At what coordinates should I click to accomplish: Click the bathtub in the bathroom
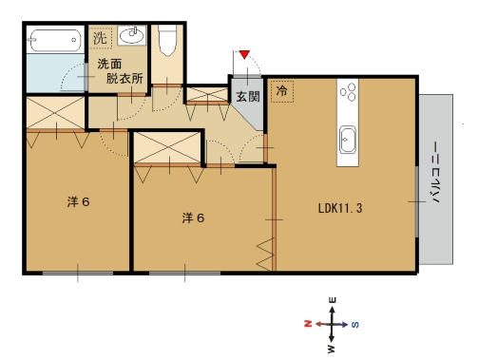coord(55,40)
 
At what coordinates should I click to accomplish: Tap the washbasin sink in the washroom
coord(132,35)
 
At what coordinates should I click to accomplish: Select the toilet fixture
coord(167,40)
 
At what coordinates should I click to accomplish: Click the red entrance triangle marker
coord(244,54)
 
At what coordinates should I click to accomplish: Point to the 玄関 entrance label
coord(248,96)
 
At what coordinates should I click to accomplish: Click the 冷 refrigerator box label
coord(282,91)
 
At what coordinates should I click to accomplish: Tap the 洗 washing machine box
coord(101,38)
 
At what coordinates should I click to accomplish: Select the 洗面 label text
coord(109,64)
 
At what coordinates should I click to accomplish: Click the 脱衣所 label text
coord(124,78)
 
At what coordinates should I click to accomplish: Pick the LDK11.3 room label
coord(340,208)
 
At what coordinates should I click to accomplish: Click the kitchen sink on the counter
coord(348,140)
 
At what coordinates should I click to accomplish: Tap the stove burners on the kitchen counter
coord(348,92)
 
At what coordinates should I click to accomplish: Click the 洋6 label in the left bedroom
coord(78,202)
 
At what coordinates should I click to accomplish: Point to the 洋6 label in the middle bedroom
coord(193,218)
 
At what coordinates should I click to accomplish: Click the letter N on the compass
coord(308,324)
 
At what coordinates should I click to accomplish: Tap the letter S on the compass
coord(355,324)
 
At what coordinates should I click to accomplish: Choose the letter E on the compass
coord(333,300)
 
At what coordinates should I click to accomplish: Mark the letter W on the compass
coord(332,349)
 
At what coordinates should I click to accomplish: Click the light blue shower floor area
coord(56,73)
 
